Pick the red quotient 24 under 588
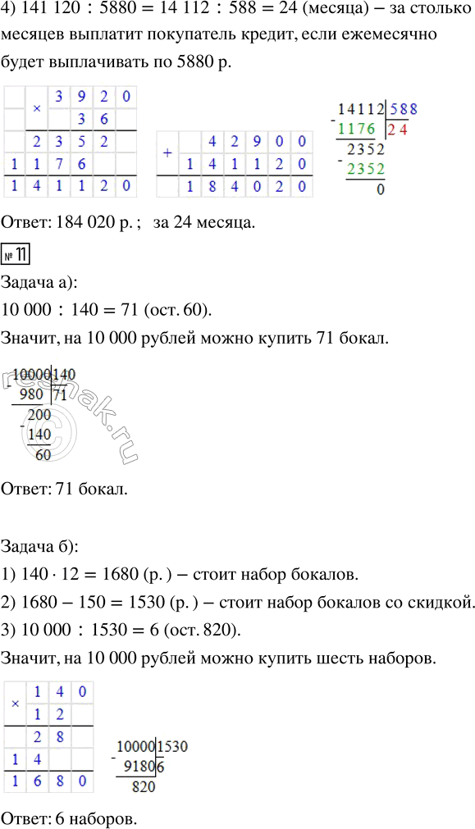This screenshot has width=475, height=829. pyautogui.click(x=399, y=129)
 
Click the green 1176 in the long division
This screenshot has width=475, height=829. pyautogui.click(x=360, y=129)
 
